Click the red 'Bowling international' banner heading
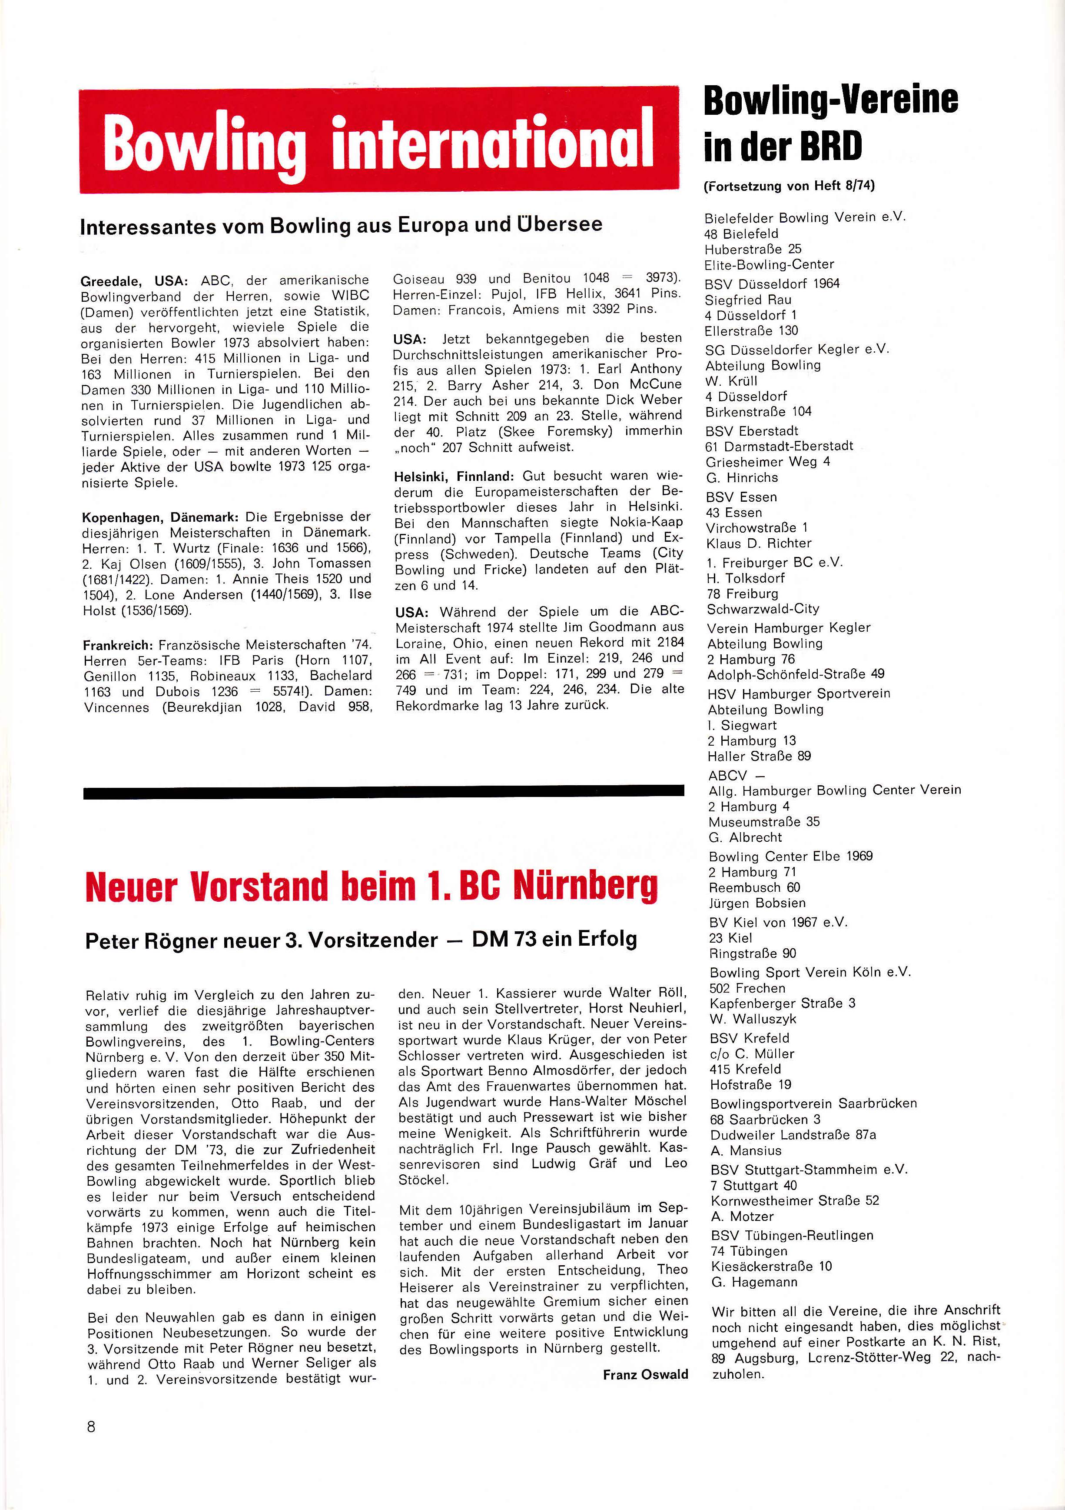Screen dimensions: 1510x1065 [378, 141]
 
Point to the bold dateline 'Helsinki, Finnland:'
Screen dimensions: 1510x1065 [454, 476]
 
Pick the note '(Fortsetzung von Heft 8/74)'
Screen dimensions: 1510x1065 [789, 186]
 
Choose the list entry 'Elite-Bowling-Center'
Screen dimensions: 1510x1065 [769, 264]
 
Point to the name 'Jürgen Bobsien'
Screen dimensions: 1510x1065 [756, 903]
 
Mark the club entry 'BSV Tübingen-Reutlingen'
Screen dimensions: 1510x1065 [792, 1236]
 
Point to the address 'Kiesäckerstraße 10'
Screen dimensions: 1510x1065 [771, 1267]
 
